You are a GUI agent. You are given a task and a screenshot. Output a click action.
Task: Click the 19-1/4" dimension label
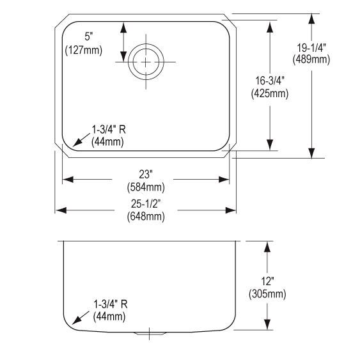(x=311, y=48)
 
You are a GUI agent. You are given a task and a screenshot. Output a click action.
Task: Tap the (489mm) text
(x=311, y=59)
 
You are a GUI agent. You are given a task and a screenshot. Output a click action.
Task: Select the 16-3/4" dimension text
(x=270, y=81)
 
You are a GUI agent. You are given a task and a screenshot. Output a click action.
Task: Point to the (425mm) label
(x=270, y=93)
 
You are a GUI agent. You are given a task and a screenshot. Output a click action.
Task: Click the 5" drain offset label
(x=88, y=36)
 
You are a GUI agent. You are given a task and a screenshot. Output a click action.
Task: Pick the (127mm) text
(x=84, y=50)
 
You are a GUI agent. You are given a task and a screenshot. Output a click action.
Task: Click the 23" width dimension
(x=146, y=175)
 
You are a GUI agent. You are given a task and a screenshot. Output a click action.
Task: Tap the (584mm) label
(x=146, y=187)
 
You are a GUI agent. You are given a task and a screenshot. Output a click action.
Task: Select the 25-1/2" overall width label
(x=146, y=204)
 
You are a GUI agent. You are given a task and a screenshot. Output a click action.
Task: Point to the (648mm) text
(x=146, y=216)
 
